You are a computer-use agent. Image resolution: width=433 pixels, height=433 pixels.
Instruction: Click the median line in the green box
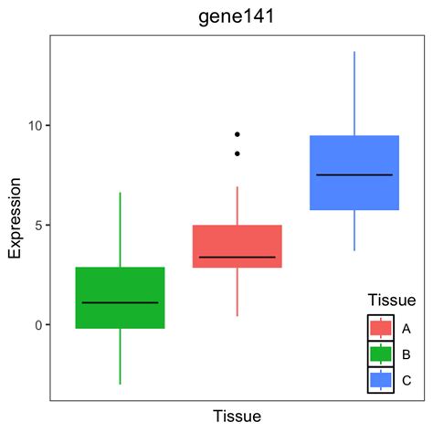tap(120, 302)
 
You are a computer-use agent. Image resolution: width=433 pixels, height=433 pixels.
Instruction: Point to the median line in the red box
tap(237, 257)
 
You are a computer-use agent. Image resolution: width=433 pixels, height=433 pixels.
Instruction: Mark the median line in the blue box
tap(354, 174)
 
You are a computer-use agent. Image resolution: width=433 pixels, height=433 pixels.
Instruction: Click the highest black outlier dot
tap(238, 134)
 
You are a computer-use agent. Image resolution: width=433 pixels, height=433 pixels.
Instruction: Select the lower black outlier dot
tap(238, 153)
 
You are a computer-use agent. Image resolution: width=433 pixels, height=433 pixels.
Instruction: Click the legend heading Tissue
tap(391, 300)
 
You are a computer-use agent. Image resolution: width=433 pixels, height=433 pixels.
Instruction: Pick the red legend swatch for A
tap(381, 328)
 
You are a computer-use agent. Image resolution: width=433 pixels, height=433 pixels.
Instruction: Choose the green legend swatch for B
tap(381, 354)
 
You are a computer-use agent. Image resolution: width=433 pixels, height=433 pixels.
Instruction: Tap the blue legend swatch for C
tap(381, 379)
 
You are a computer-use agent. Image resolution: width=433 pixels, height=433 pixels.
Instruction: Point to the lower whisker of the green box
tap(120, 356)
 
